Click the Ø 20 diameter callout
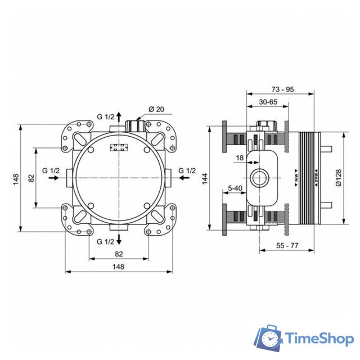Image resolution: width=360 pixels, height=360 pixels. point(155,109)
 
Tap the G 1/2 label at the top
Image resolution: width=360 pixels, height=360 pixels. point(105,116)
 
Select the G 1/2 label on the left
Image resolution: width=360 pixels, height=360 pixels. point(51,170)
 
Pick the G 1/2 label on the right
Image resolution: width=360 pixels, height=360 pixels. point(187,170)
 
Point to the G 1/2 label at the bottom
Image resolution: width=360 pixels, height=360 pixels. point(105,241)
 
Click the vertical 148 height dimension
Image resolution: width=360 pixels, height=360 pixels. point(15,178)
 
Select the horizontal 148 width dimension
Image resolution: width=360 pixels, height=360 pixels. point(118,267)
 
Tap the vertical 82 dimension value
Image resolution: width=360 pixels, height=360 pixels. point(31,178)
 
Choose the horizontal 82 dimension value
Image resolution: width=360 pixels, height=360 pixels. point(118,254)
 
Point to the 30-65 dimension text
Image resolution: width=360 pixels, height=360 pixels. point(267,102)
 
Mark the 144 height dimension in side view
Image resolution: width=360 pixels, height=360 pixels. point(205,178)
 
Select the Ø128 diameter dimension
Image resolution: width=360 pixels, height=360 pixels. point(337,178)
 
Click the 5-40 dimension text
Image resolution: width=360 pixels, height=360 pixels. point(235,188)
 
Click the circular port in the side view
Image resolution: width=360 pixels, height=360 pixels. point(260,178)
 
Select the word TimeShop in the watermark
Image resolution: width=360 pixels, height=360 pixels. point(318,339)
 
